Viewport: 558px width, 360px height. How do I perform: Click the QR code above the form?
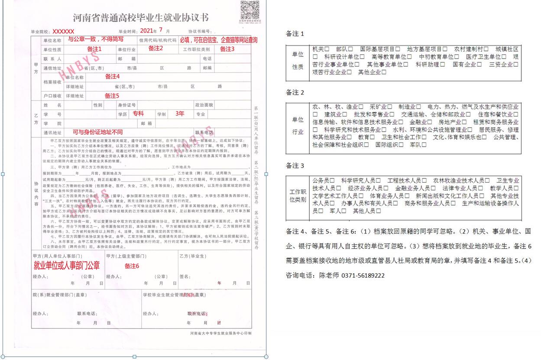tap(250, 10)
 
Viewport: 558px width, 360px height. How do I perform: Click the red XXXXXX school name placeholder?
tap(63, 32)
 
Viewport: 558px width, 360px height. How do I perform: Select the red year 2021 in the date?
tap(147, 31)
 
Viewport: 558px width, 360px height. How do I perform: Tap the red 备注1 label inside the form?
tap(94, 49)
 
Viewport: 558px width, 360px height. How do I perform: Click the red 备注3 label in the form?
tap(227, 49)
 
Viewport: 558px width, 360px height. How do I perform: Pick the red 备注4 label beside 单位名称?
tap(112, 77)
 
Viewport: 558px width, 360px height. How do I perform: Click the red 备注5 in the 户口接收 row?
tap(112, 96)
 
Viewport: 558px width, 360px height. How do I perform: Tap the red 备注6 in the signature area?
tap(132, 266)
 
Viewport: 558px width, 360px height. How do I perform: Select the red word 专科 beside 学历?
tap(138, 114)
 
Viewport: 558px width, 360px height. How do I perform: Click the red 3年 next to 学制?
tap(180, 114)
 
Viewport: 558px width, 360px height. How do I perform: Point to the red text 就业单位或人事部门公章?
tap(66, 265)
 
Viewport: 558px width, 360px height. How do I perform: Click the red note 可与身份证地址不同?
tap(97, 132)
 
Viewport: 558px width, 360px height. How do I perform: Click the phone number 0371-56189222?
tap(363, 276)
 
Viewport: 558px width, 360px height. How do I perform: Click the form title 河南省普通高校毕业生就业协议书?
tap(140, 18)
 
